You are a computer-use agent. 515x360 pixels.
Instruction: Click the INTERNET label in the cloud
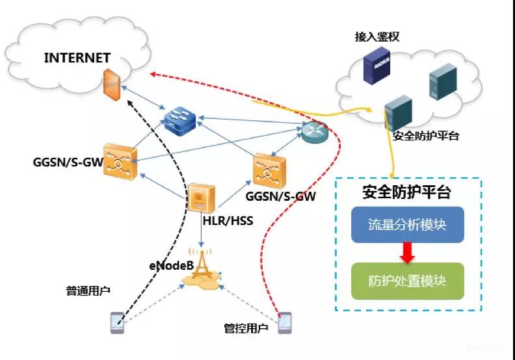point(77,57)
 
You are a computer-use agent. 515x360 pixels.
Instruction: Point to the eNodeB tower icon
point(204,267)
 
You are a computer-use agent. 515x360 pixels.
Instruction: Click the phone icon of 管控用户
point(284,323)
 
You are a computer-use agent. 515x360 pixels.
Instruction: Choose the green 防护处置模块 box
point(407,281)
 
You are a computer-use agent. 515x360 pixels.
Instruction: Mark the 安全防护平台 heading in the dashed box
point(407,192)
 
